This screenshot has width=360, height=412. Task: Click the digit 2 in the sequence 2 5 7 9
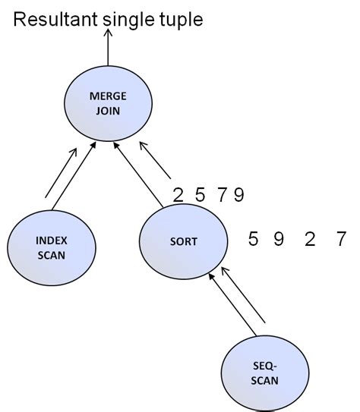[178, 196]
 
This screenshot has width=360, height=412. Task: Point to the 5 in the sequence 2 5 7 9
[200, 196]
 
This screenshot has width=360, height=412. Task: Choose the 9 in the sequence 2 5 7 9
[238, 196]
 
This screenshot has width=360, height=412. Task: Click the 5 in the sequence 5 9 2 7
[254, 241]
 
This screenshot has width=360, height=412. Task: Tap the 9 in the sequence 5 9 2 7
[279, 241]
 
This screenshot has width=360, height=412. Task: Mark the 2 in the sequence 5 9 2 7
[309, 241]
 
